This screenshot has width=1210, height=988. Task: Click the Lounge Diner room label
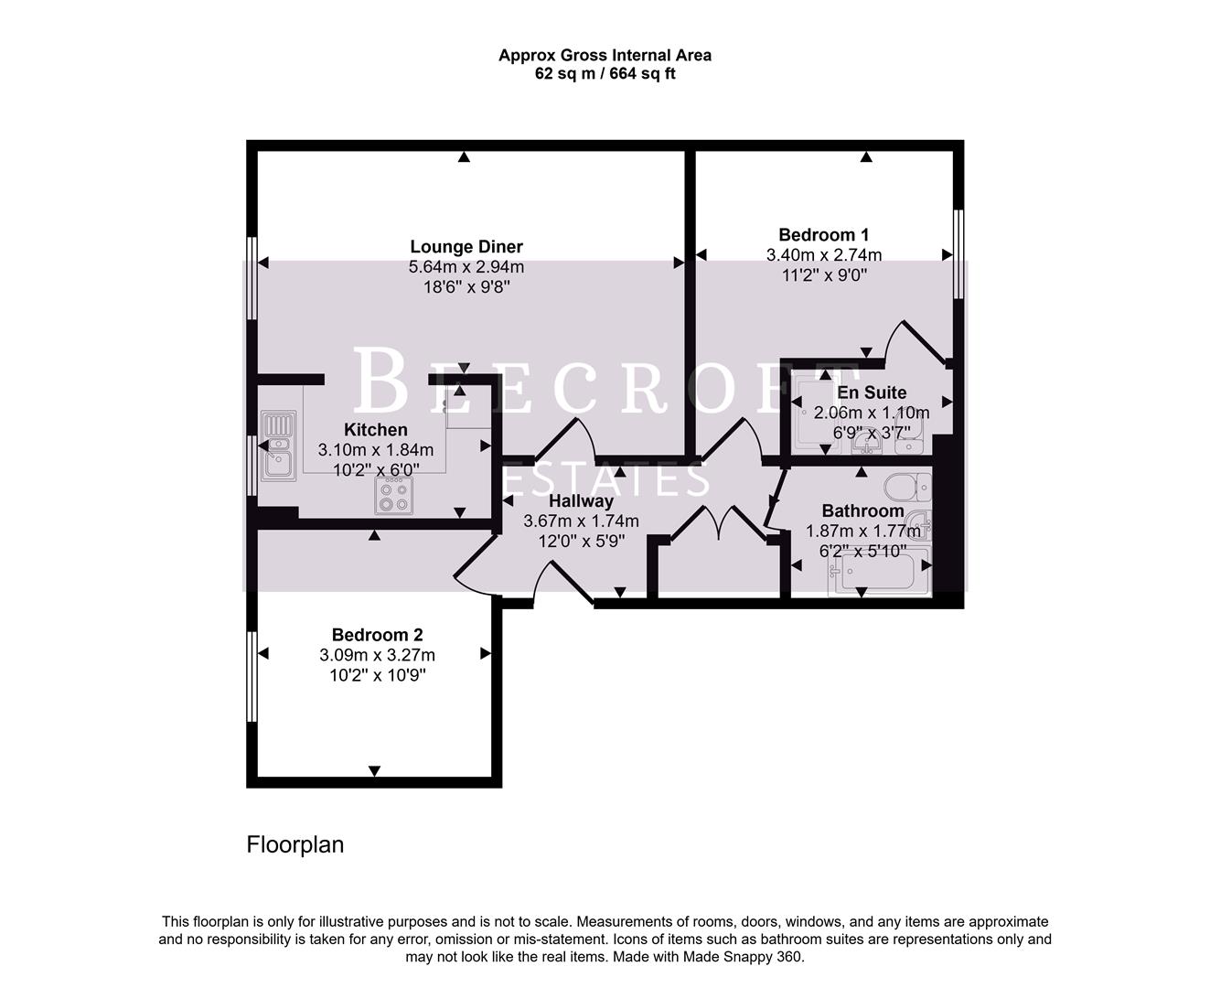pos(466,247)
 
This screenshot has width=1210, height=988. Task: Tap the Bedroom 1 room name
pos(823,235)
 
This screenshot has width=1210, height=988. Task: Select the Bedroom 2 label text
pos(377,635)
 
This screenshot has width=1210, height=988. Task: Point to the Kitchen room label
pos(376,430)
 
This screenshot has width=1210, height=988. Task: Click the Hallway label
pos(581,501)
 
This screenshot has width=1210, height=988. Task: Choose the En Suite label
pos(872,392)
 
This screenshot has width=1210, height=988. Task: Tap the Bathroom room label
pos(862,511)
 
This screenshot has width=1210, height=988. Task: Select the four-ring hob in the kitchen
pos(393,496)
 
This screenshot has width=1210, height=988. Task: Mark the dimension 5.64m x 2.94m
pos(466,267)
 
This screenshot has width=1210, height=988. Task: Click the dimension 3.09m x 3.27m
pos(377,655)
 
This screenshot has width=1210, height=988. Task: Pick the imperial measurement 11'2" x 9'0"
pos(823,274)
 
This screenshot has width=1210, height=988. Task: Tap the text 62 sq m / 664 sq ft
pos(605,74)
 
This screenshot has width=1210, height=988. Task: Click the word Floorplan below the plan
pos(294,844)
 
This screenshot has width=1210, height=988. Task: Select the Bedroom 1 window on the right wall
pos(958,254)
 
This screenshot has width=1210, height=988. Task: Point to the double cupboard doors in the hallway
pos(719,527)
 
